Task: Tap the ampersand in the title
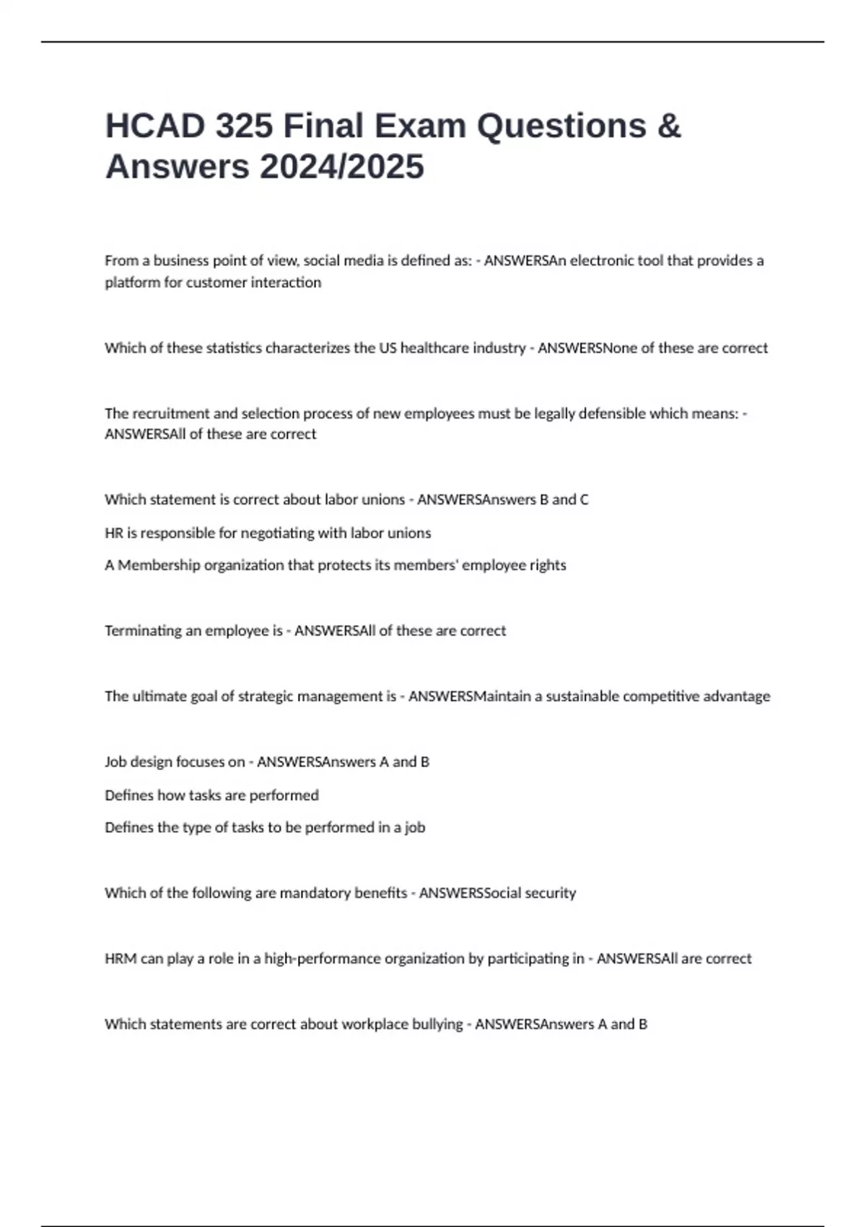[669, 126]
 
